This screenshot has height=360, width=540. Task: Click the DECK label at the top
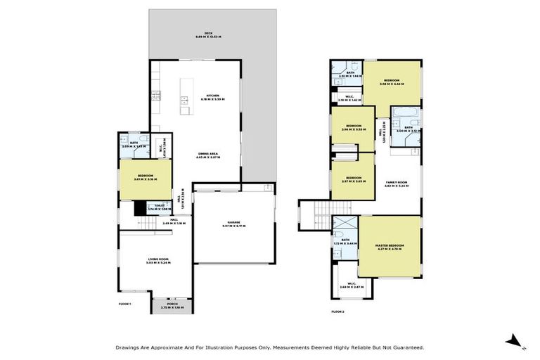(208, 32)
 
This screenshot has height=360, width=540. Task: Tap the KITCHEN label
(208, 96)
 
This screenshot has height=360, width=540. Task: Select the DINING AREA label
(208, 155)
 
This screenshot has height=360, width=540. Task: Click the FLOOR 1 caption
(126, 303)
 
